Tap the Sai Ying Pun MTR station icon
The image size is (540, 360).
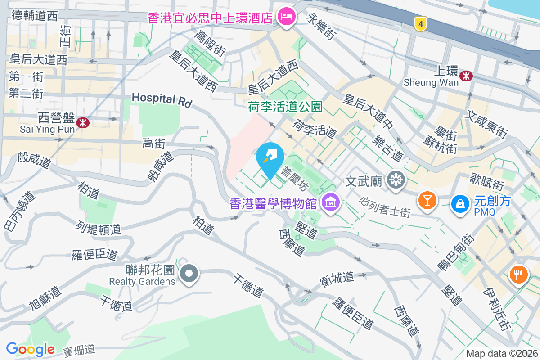tap(83, 122)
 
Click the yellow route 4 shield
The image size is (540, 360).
tap(420, 24)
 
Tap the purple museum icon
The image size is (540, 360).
tap(331, 203)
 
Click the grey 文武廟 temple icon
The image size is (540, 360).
tap(396, 180)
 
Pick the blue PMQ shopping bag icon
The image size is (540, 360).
tap(460, 203)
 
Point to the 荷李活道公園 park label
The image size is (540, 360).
tap(285, 107)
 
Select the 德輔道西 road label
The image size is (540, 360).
tap(35, 16)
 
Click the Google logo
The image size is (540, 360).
tap(31, 349)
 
